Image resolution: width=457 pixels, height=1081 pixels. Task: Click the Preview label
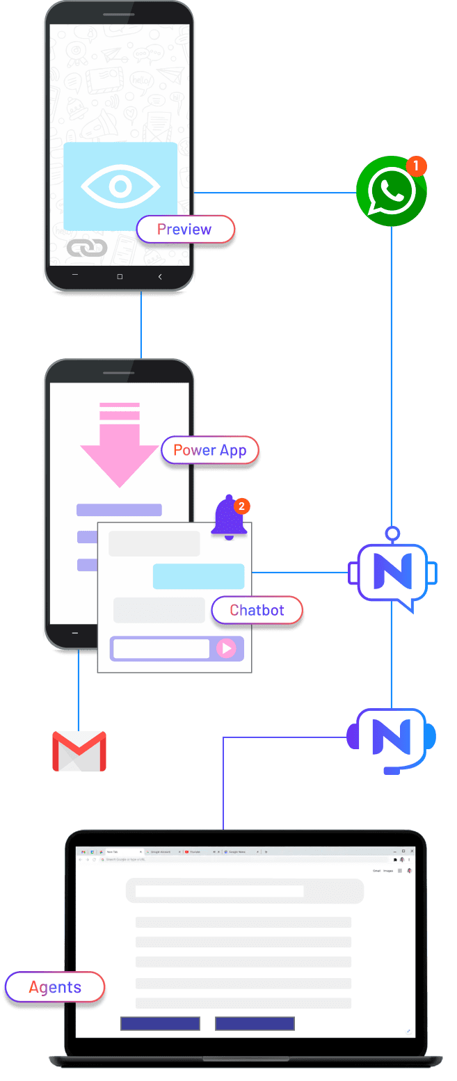point(184,230)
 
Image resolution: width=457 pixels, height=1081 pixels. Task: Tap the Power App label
point(209,450)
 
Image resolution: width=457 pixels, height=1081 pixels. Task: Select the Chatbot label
point(257,610)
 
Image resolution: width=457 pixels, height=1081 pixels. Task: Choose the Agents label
point(54,987)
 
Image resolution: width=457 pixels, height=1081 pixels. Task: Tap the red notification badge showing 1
point(415,166)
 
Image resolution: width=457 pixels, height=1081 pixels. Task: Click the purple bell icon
point(229,518)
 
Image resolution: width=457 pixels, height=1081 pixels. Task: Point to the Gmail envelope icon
point(79,751)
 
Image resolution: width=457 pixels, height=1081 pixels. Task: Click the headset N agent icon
point(392,739)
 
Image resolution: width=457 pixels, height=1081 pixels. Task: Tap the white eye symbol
point(120,186)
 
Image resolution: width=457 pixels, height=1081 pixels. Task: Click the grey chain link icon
point(87,248)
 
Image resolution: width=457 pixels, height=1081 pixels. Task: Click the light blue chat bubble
point(198,577)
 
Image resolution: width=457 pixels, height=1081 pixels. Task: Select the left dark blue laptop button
point(160,1023)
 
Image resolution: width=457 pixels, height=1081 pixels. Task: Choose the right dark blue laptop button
point(255,1023)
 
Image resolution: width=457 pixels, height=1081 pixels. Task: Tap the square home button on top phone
point(120,277)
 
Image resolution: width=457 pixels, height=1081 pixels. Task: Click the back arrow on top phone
point(160,277)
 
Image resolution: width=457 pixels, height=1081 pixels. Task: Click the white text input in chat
point(161,649)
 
